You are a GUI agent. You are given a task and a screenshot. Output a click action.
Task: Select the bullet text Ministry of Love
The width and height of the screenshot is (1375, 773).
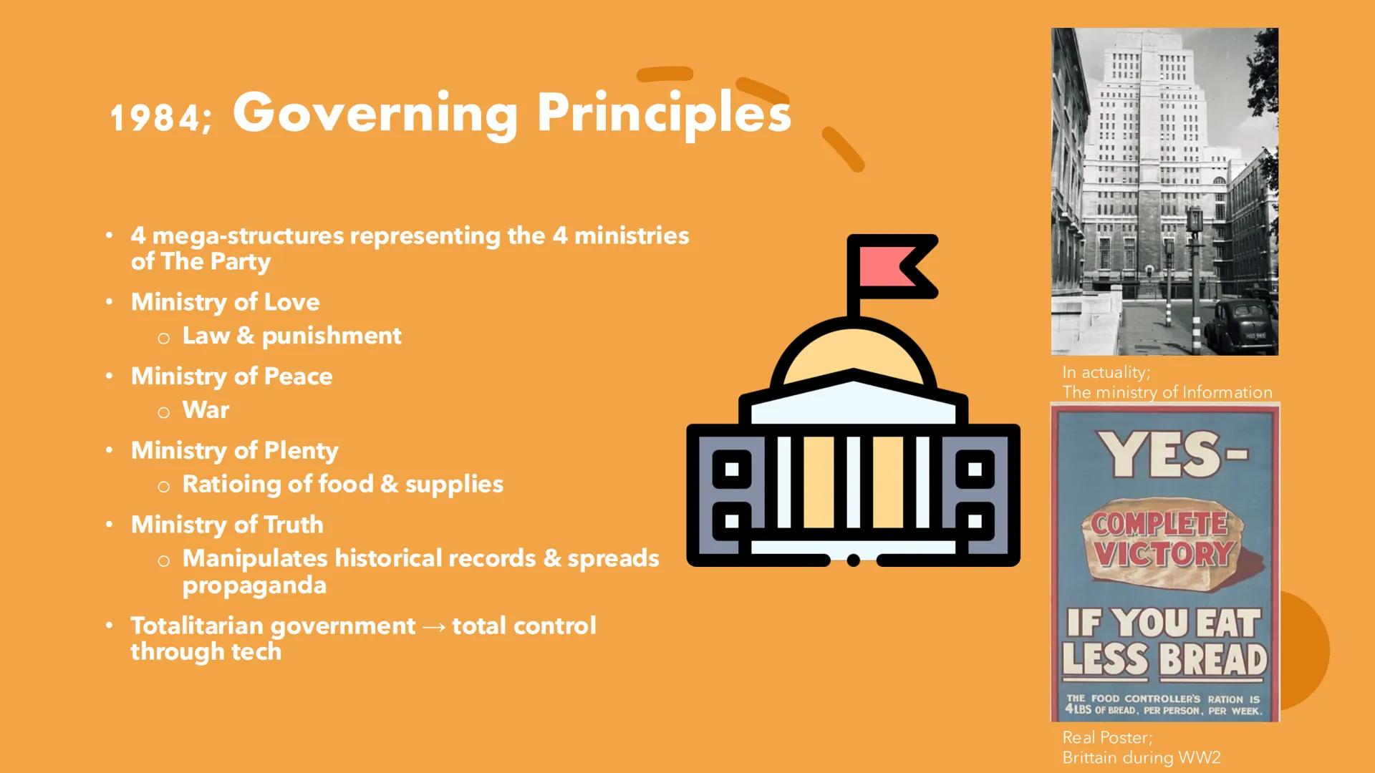click(x=225, y=302)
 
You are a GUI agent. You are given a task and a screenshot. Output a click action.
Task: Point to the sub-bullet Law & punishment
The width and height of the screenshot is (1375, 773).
click(x=291, y=336)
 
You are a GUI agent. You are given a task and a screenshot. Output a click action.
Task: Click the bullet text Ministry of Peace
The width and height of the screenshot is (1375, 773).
click(x=231, y=376)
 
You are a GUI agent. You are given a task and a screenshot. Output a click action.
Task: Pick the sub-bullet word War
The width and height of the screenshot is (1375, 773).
click(x=206, y=410)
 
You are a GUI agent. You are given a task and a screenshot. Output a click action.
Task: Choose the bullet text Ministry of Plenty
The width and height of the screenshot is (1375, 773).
click(x=234, y=451)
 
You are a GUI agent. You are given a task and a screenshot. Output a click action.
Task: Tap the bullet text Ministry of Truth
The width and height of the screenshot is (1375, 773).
click(x=227, y=525)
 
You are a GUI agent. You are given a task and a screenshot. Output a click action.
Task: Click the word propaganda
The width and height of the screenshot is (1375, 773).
click(x=254, y=585)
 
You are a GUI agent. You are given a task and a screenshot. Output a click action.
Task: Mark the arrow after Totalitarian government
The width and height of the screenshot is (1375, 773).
click(x=434, y=627)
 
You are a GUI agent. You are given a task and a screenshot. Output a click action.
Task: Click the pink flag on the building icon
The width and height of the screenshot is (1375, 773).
click(x=888, y=266)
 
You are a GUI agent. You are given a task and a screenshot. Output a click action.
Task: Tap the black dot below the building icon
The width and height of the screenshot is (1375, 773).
click(x=853, y=560)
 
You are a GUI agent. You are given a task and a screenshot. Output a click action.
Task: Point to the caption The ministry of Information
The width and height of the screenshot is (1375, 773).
click(x=1167, y=392)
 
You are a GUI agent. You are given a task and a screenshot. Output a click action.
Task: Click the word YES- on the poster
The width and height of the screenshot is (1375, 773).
click(x=1174, y=455)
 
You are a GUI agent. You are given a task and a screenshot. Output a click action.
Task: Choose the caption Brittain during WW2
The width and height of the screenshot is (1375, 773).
click(x=1141, y=757)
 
